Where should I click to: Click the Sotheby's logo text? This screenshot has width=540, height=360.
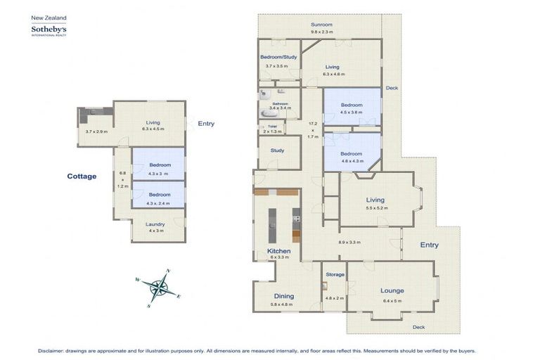tap(48, 30)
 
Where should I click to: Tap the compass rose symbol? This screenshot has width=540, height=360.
tap(161, 288)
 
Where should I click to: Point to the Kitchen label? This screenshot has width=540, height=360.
tap(278, 251)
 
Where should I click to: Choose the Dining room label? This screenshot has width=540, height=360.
tap(283, 296)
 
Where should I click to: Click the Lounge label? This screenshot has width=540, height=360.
tap(392, 290)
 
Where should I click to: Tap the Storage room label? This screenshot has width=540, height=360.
tap(335, 275)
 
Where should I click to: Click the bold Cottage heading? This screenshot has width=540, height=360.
tap(82, 176)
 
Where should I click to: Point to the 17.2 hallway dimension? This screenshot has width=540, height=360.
tap(313, 123)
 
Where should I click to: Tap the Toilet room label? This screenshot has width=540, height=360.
tap(271, 126)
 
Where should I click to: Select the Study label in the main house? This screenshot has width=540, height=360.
tap(277, 150)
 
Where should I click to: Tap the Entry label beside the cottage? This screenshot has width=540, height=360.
tap(206, 124)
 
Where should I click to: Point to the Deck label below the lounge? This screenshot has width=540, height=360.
tap(419, 327)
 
